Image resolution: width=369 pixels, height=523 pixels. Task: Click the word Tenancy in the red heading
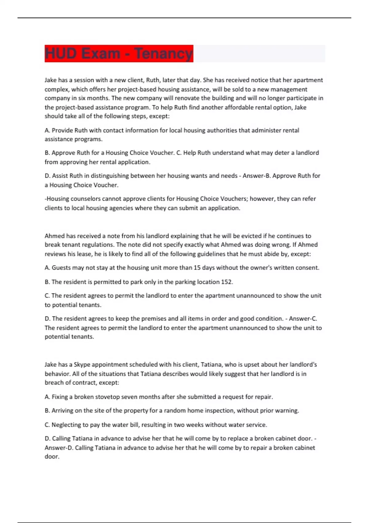pos(163,54)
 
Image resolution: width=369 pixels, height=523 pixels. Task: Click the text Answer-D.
pos(59,448)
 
